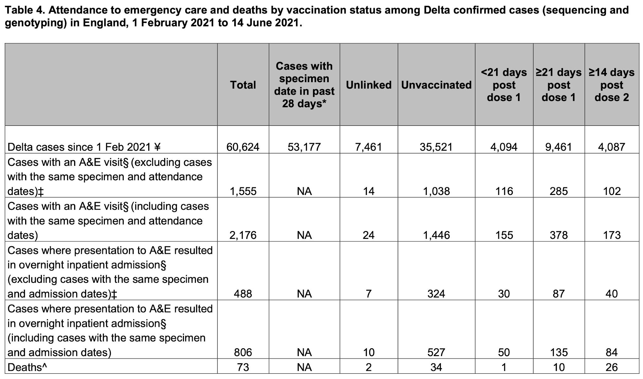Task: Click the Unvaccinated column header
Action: click(x=436, y=85)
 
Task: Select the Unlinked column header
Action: click(x=369, y=85)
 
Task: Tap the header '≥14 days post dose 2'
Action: click(x=612, y=85)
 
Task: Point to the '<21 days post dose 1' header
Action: click(x=504, y=85)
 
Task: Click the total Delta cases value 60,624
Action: click(x=243, y=147)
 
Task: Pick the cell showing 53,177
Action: click(x=304, y=147)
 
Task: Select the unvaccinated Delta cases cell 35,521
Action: click(x=436, y=147)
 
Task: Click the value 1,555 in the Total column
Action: click(x=243, y=191)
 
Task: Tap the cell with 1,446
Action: click(x=436, y=235)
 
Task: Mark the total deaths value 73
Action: click(x=243, y=367)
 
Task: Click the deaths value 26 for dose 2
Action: click(x=612, y=367)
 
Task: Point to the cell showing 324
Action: click(x=436, y=294)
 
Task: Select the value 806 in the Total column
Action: click(x=243, y=352)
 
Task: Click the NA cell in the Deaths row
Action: click(x=304, y=367)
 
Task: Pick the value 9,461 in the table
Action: click(x=559, y=147)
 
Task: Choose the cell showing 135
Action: click(x=559, y=352)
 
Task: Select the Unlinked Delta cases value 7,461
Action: click(x=369, y=147)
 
